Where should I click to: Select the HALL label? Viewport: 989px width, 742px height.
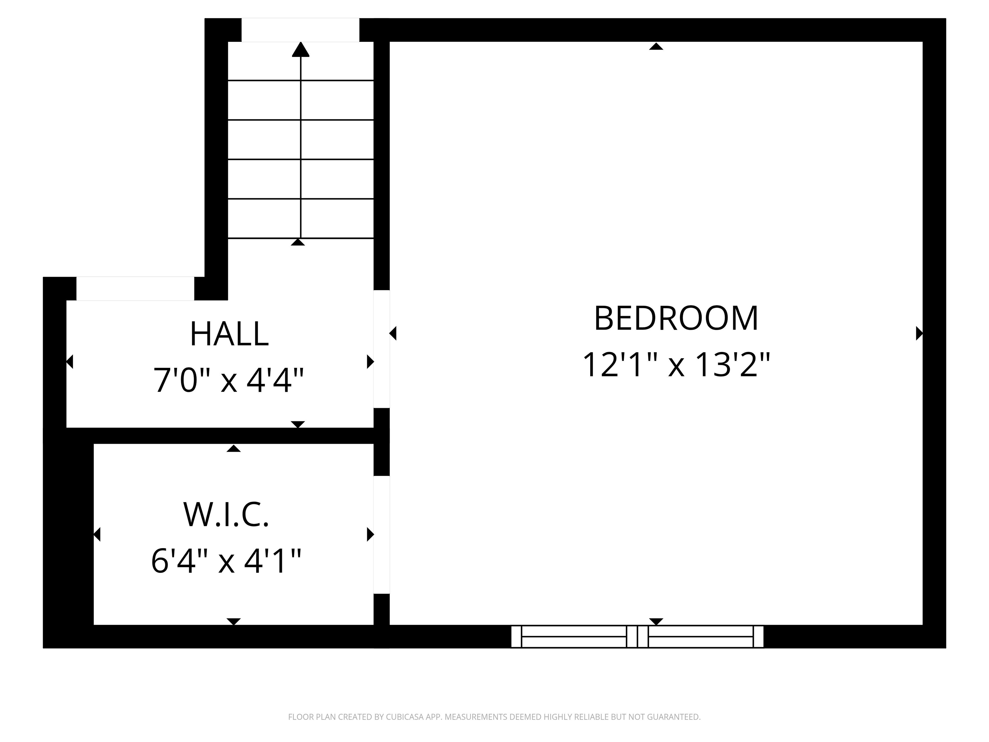tap(229, 334)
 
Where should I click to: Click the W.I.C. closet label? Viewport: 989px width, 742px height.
tap(226, 514)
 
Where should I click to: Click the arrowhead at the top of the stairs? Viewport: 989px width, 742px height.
tap(300, 49)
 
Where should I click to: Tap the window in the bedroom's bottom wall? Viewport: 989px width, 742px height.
tap(637, 636)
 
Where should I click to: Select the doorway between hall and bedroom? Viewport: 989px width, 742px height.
tap(381, 349)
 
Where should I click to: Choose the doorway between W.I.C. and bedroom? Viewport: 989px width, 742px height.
tap(381, 535)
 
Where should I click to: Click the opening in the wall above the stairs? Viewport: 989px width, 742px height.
tap(300, 30)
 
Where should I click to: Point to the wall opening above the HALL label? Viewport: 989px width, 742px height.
tap(135, 289)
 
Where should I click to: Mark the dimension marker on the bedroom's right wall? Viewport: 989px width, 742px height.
tap(919, 333)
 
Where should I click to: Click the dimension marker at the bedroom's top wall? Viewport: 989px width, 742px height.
tap(656, 46)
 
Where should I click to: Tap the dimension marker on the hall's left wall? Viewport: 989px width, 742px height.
tap(70, 361)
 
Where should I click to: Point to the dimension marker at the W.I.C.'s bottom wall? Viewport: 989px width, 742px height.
tap(234, 621)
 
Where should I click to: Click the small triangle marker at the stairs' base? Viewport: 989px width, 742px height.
tap(298, 243)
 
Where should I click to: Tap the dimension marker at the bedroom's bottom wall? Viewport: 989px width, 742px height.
tap(656, 621)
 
